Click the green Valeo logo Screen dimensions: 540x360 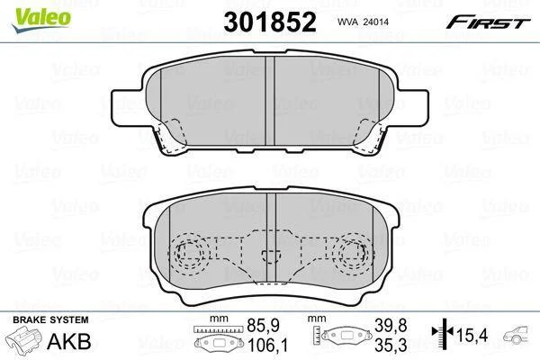point(41,20)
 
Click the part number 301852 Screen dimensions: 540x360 point(270,22)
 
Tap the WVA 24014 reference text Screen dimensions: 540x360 point(363,22)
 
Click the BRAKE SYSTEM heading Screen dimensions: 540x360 point(50,319)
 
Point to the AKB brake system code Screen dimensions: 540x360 point(69,341)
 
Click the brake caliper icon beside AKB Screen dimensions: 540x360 point(25,339)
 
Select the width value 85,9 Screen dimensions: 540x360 point(263,325)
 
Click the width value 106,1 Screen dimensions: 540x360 point(268,345)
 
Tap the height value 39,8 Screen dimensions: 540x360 point(391,325)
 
